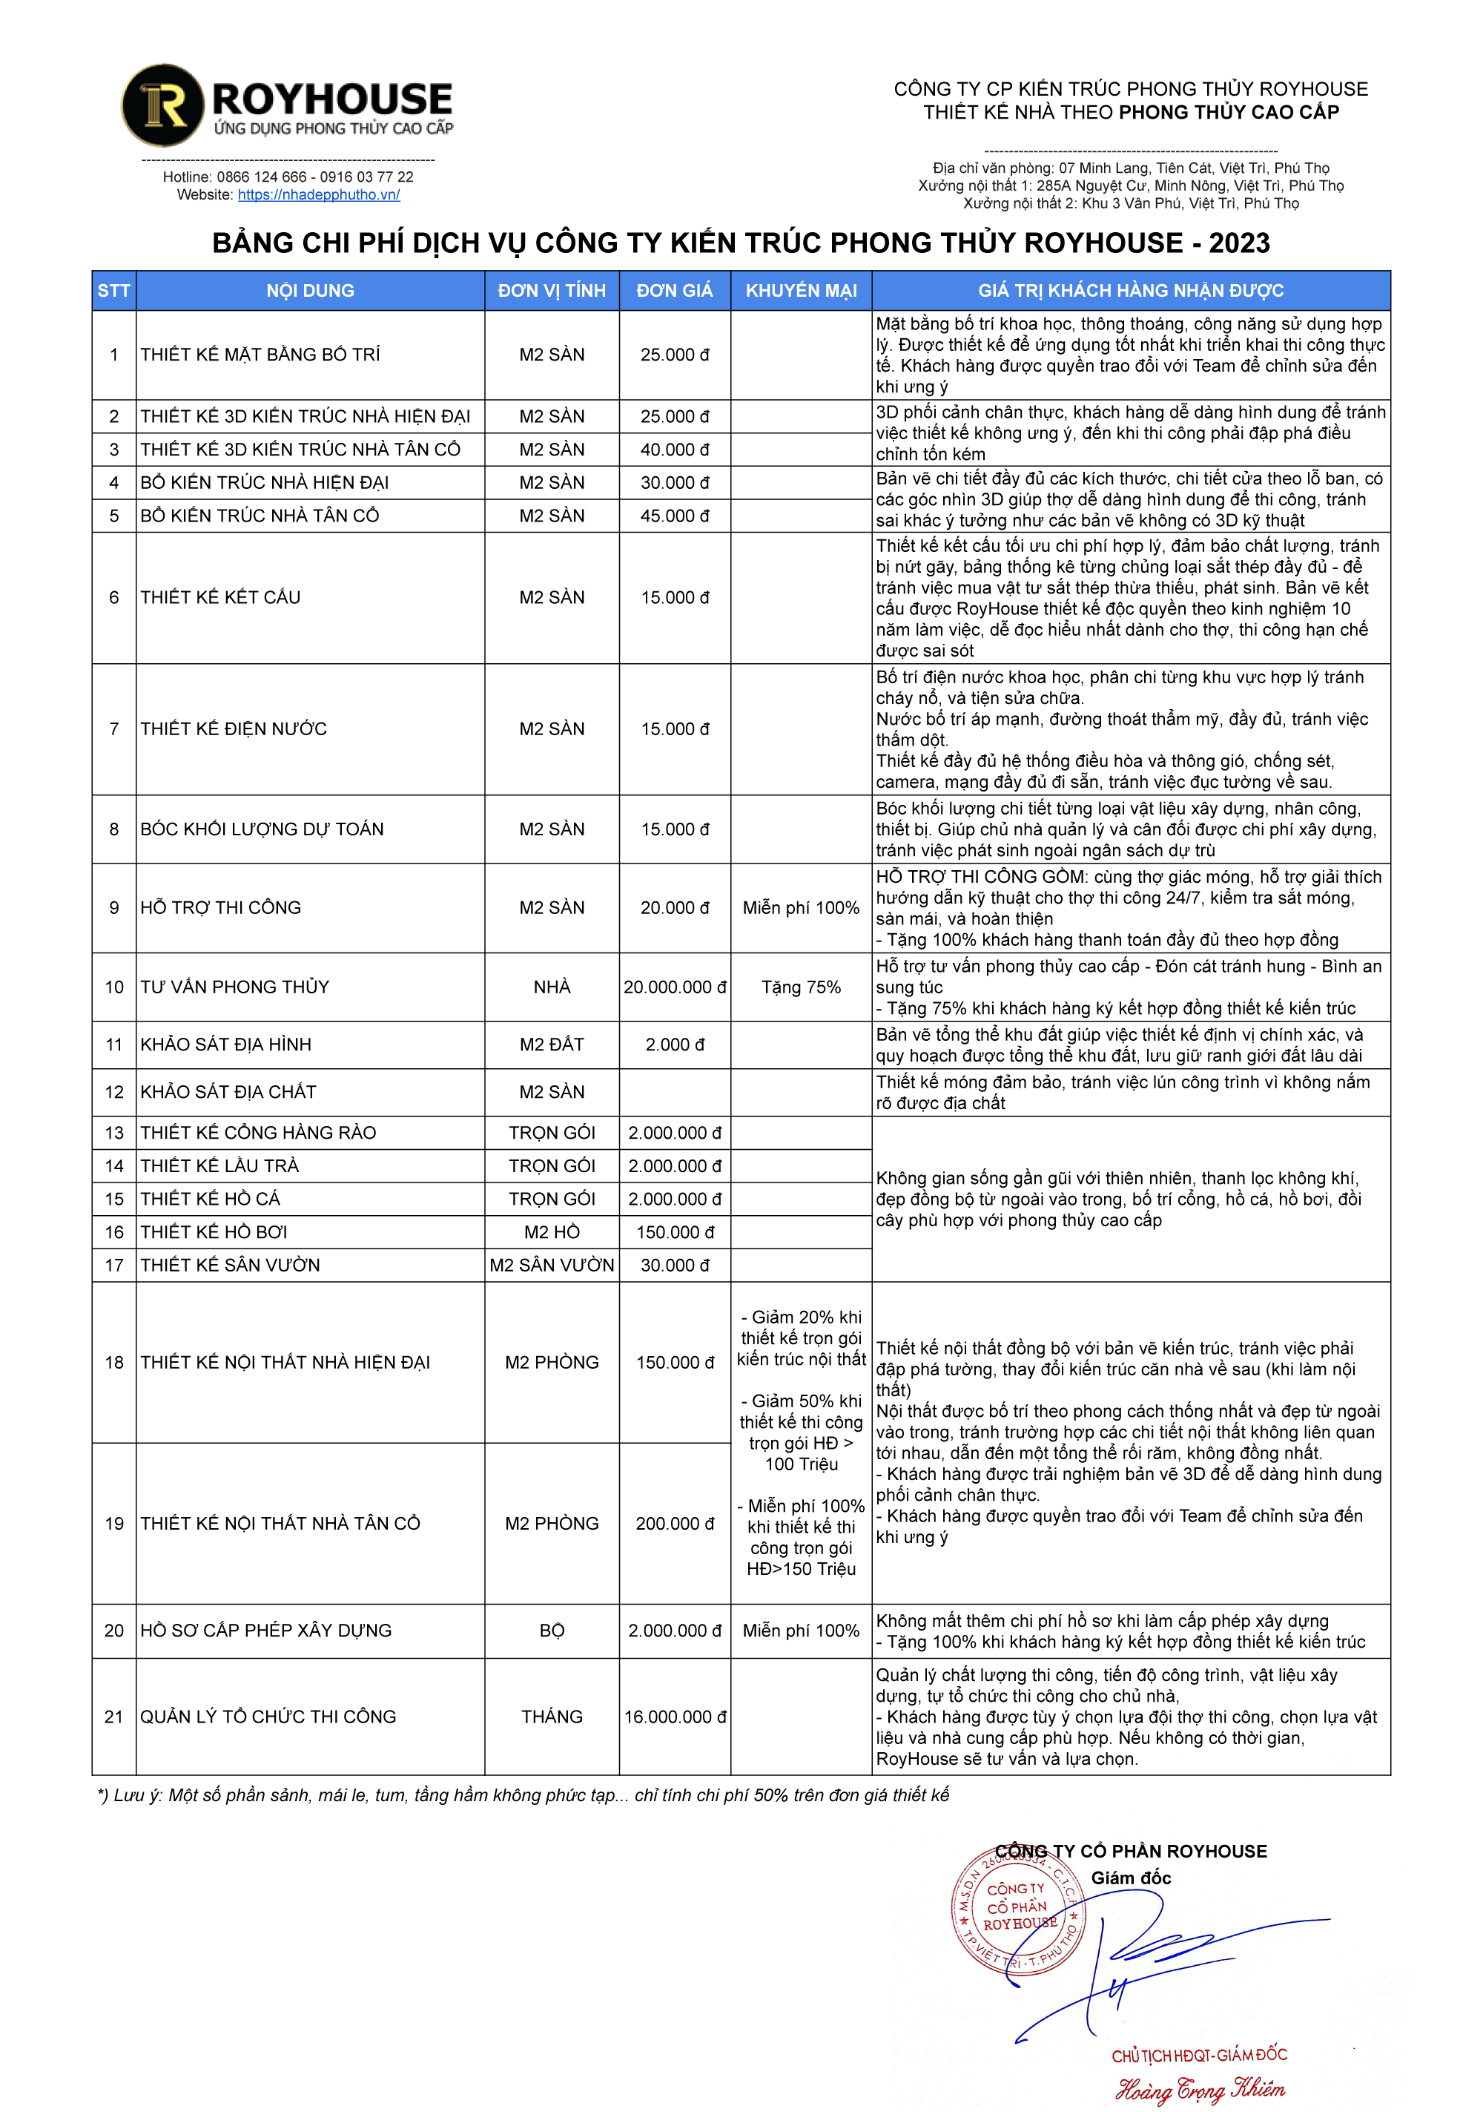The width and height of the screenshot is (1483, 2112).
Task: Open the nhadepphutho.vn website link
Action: (318, 195)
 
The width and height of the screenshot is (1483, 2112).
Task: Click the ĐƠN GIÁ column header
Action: (674, 291)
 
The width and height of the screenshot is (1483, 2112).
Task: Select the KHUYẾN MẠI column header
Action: (801, 291)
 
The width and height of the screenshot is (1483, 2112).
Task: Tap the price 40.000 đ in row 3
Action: (674, 450)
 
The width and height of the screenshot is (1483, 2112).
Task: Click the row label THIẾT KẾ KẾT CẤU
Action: (221, 598)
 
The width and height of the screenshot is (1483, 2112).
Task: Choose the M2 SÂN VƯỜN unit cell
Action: (552, 1266)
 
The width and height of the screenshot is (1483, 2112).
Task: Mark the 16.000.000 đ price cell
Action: (674, 1717)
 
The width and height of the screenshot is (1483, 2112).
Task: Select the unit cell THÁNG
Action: (552, 1717)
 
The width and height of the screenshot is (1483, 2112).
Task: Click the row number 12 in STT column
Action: (114, 1093)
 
